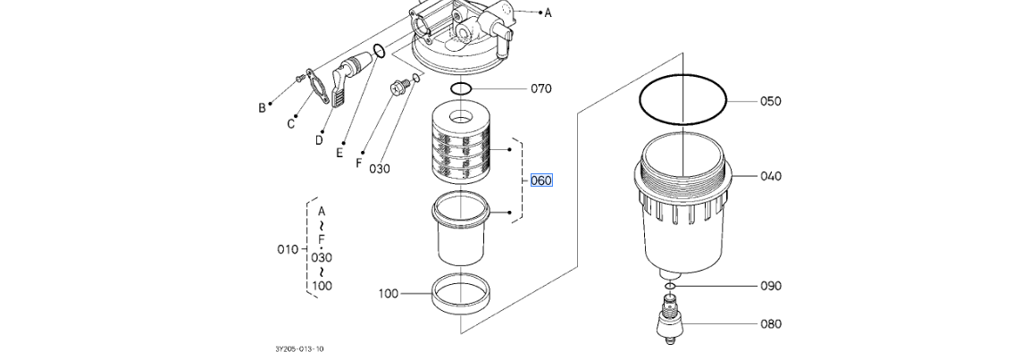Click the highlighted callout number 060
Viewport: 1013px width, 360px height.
tap(541, 180)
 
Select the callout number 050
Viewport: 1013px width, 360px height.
tap(770, 101)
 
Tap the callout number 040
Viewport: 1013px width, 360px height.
tap(770, 176)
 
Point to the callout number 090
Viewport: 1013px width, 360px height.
tap(770, 286)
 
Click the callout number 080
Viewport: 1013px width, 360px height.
tap(770, 323)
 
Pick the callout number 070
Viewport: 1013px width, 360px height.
tap(541, 88)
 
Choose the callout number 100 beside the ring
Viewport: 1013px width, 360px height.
tap(389, 294)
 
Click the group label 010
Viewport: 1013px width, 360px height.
tap(288, 249)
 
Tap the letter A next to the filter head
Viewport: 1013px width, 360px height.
tap(548, 13)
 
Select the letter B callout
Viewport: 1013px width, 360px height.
tap(262, 108)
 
